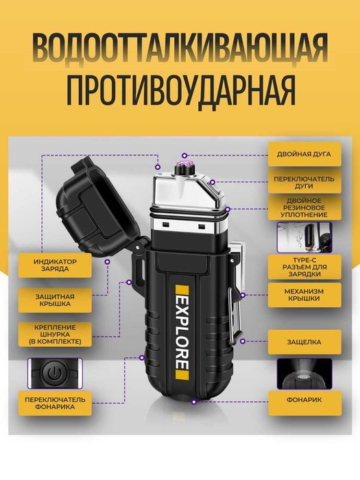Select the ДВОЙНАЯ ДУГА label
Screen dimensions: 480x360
point(304,154)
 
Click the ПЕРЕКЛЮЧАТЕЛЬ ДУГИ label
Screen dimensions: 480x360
point(304,183)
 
